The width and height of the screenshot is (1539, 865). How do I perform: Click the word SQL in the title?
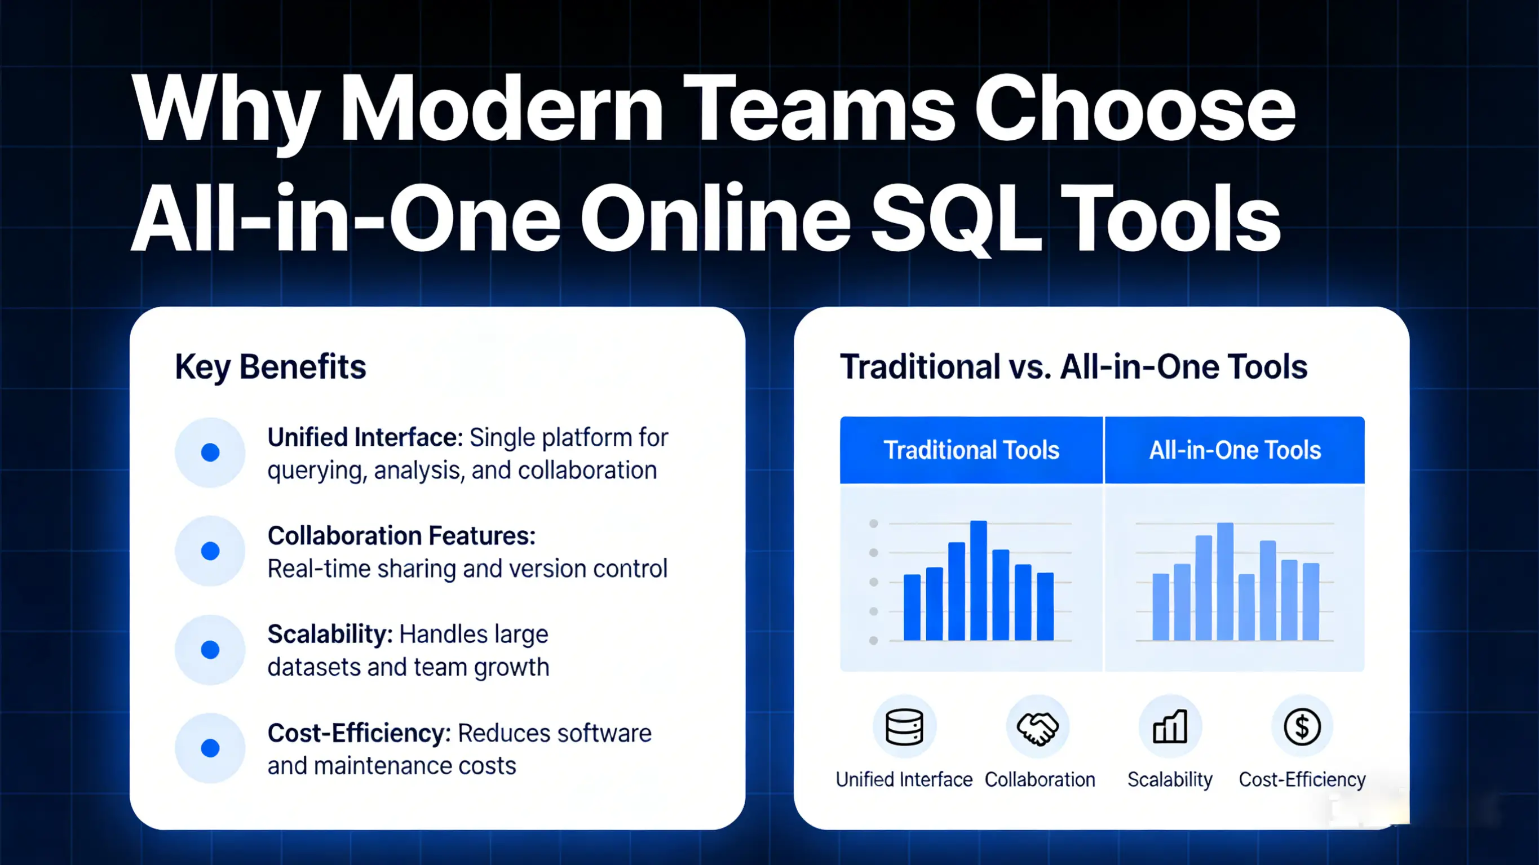coord(956,219)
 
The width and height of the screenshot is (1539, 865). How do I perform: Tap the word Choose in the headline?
coord(1135,110)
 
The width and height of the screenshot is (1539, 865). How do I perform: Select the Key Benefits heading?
coord(270,366)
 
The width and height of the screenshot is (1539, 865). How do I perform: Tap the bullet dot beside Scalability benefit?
coord(210,649)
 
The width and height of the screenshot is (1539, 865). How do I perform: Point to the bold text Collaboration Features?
coord(401,536)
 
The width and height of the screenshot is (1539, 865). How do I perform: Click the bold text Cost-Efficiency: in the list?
coord(359,733)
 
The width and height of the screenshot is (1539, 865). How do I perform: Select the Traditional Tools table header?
coord(971,450)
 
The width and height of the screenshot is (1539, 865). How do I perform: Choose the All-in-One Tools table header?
coord(1235,450)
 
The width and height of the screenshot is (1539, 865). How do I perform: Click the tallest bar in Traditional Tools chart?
coord(978,580)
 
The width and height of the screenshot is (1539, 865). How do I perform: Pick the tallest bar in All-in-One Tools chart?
coord(1225,582)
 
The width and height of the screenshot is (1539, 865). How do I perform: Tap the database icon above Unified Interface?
coord(904,727)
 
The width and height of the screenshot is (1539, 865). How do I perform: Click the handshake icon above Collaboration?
coord(1038,727)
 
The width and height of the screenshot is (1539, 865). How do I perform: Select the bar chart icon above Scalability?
coord(1170,727)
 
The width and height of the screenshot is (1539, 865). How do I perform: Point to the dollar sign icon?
coord(1302,727)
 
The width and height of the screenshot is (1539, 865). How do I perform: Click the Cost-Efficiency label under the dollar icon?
coord(1302,779)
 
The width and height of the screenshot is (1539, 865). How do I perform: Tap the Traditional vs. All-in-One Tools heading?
coord(1073,366)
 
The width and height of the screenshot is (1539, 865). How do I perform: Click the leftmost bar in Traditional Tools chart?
coord(912,607)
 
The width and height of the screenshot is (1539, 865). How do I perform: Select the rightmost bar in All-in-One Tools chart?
coord(1310,602)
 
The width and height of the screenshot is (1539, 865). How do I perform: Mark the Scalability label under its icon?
coord(1170,779)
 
